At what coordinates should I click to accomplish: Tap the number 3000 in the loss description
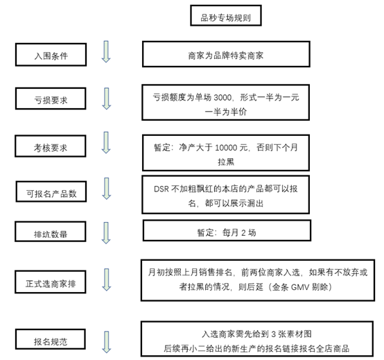[222, 98]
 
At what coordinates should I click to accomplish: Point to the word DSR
[162, 189]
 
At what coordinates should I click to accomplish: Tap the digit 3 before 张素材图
[274, 334]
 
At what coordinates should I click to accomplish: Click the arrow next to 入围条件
[106, 52]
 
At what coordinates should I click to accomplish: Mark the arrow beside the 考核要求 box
[106, 143]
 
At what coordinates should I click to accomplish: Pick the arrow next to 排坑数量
[106, 233]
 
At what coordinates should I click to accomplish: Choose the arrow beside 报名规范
[106, 342]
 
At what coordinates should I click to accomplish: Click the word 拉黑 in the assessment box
[226, 162]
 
